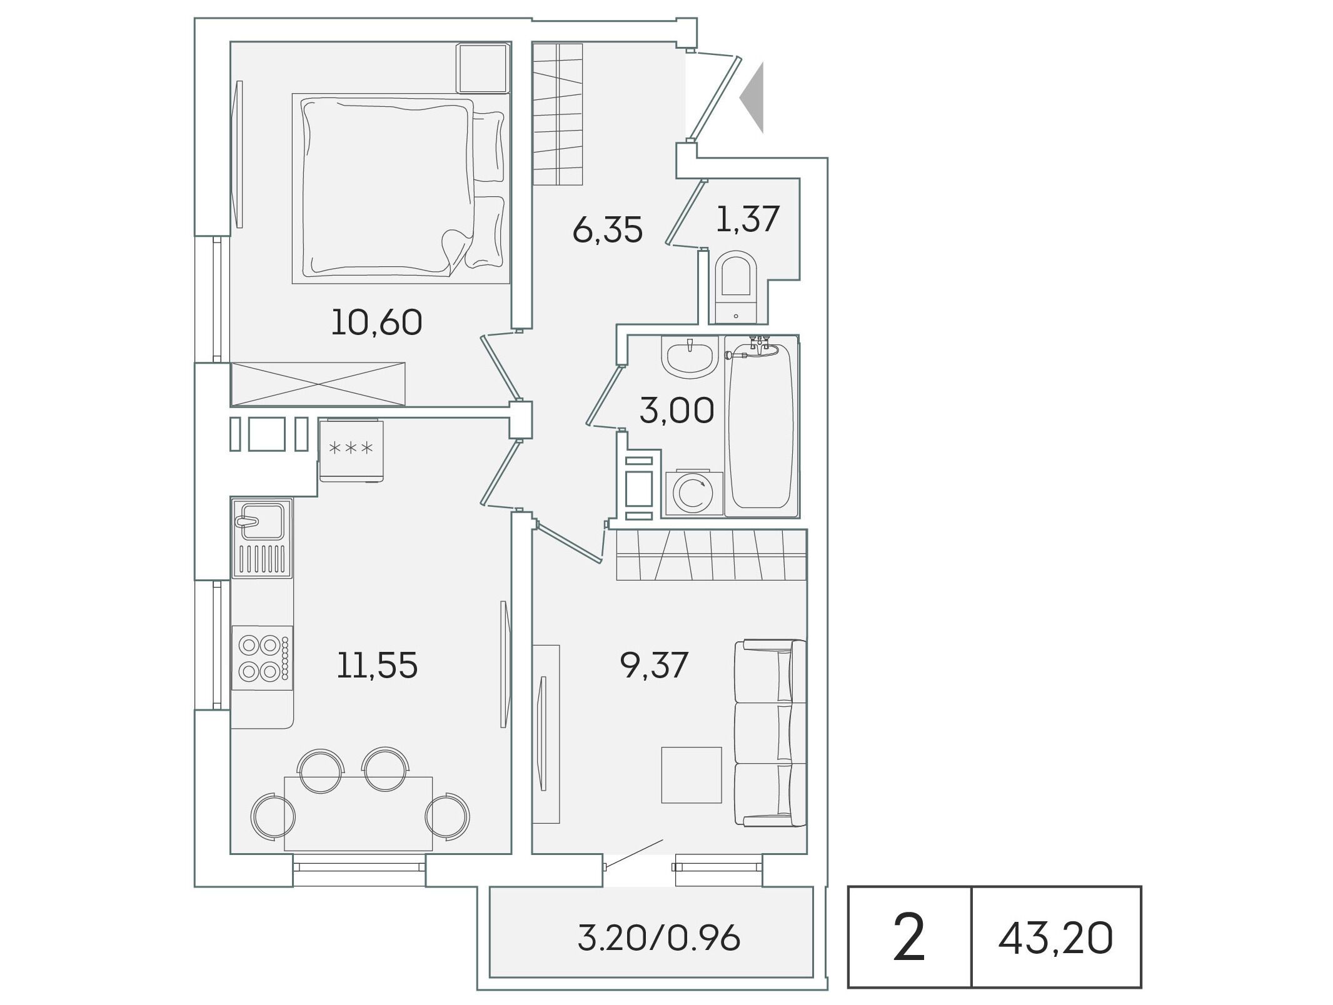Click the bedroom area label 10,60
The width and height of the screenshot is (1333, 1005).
(376, 323)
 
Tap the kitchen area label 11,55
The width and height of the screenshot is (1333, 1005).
(377, 665)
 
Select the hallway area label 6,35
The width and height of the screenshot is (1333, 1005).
(607, 230)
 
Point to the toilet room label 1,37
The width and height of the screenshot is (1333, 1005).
(747, 219)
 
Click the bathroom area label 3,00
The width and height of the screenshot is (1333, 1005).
(677, 411)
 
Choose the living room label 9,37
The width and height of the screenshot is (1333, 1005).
(654, 665)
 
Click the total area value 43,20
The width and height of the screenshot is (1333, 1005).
(1055, 939)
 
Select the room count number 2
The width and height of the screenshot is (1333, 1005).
(908, 937)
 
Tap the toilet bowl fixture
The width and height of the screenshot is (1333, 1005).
(736, 287)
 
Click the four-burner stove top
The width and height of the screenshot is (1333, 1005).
(262, 657)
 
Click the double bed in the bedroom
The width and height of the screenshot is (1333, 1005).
(401, 188)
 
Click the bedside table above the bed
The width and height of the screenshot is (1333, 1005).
(483, 68)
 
